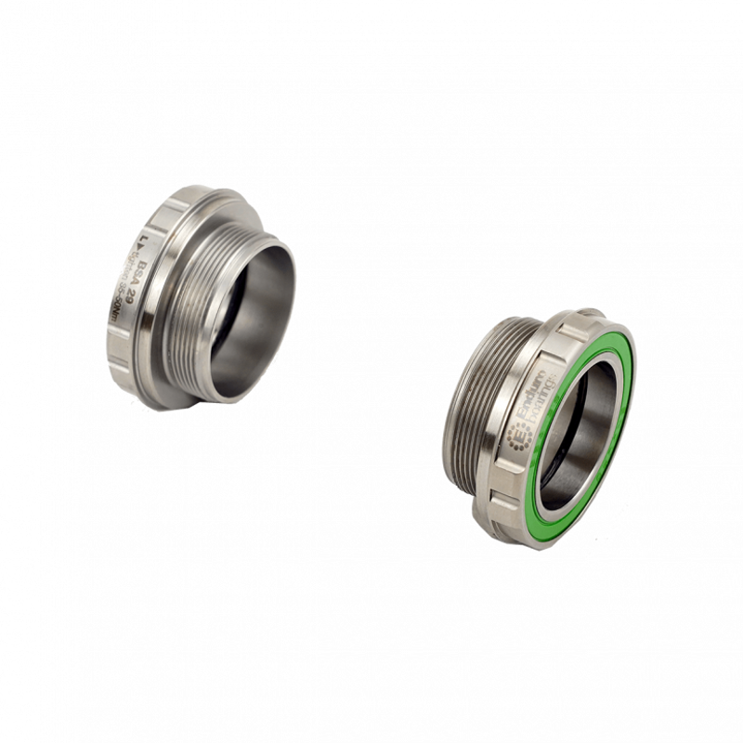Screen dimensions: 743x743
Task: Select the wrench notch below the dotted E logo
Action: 506,483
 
